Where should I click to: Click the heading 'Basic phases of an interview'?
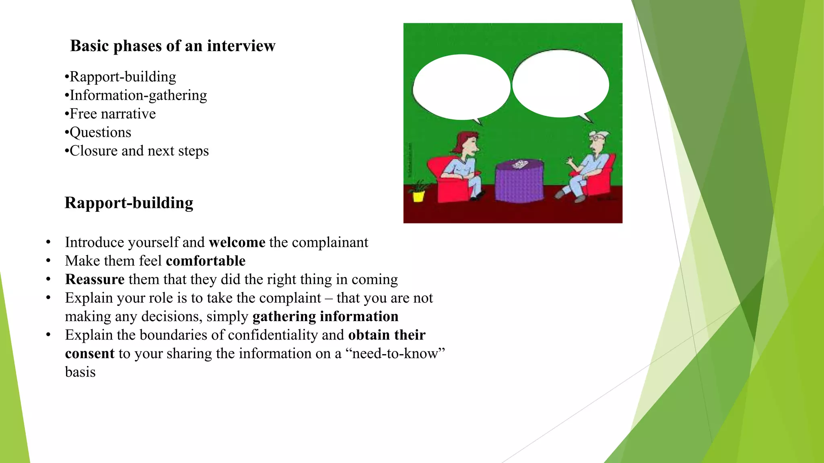173,46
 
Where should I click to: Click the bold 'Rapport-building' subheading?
129,203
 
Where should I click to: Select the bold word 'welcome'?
237,242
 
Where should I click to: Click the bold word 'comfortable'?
206,261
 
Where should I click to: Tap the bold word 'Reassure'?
95,279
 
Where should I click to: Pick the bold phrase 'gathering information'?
325,316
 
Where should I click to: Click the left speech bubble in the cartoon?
461,86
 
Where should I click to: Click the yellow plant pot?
418,196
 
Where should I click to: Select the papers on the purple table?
519,164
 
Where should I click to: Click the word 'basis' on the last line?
80,372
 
